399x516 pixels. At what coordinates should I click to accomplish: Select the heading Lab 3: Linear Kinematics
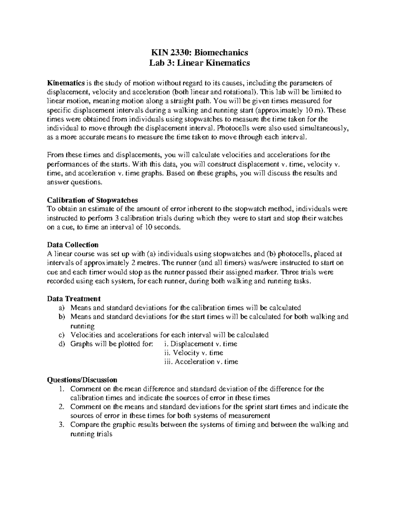tap(199, 63)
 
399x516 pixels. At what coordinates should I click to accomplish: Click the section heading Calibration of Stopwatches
tap(92, 200)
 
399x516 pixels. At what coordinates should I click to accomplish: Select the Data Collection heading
tap(73, 245)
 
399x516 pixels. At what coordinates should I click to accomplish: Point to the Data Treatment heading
tap(74, 298)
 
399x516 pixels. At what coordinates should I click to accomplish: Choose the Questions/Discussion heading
tap(82, 380)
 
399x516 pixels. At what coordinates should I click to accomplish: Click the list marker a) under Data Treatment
tap(62, 308)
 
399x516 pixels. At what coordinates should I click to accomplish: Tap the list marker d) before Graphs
tap(62, 344)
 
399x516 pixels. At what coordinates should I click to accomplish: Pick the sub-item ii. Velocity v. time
tap(194, 353)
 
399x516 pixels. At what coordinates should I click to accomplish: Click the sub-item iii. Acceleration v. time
tap(201, 362)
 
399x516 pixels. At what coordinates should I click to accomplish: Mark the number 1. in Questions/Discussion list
tap(62, 389)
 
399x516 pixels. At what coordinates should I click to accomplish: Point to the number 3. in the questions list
tap(62, 425)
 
